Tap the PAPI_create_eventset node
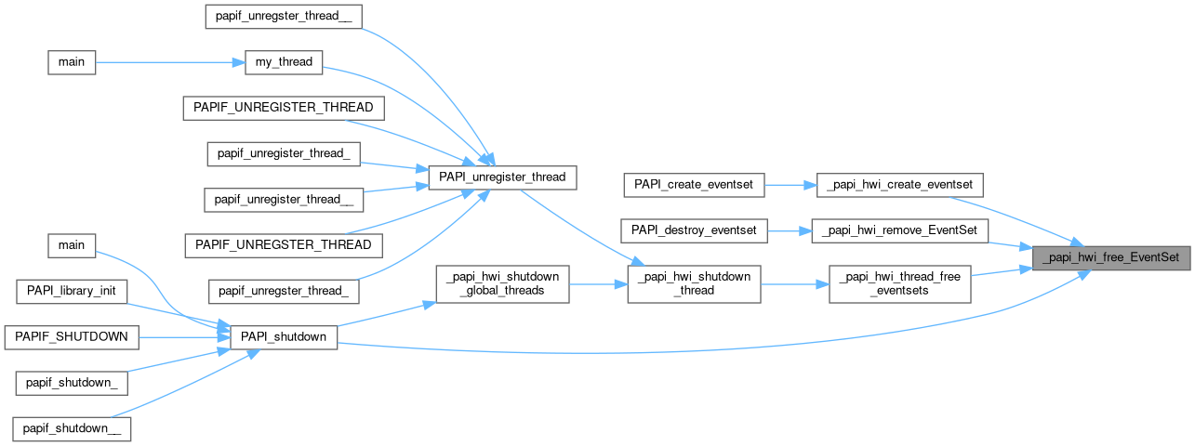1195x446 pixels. coord(694,184)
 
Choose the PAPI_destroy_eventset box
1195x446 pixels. coord(694,229)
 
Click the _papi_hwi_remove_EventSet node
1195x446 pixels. coord(899,229)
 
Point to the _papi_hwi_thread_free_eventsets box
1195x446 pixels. coord(899,283)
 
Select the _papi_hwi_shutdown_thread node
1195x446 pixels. coord(694,283)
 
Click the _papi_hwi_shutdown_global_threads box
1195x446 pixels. coord(502,283)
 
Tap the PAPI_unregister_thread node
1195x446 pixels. coord(502,177)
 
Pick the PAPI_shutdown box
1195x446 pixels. coord(283,336)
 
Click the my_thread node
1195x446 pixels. coord(283,63)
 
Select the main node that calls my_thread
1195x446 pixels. coord(72,63)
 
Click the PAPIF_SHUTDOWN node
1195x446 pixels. coord(72,336)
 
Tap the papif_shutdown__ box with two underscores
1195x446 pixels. coord(72,428)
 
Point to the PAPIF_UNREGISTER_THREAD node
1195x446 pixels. coord(283,108)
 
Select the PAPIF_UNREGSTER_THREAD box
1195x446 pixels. coord(283,245)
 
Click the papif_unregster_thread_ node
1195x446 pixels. coord(283,291)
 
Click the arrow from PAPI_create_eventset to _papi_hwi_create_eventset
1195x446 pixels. coord(790,184)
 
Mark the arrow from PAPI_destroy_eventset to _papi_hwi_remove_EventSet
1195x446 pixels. coord(790,229)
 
